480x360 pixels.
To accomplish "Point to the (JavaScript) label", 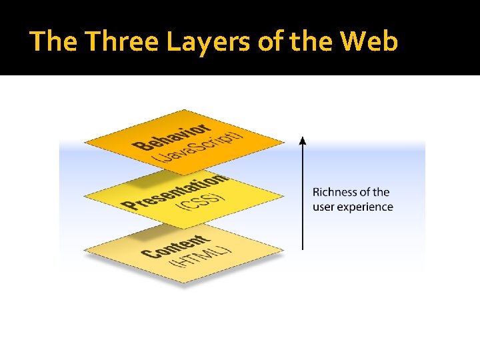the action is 198,147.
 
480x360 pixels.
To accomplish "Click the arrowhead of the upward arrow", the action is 302,141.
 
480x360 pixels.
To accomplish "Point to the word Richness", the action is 335,193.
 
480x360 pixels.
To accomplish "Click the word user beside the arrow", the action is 323,207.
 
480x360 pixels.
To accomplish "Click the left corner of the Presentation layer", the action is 85,196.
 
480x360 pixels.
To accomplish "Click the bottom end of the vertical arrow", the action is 302,249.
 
